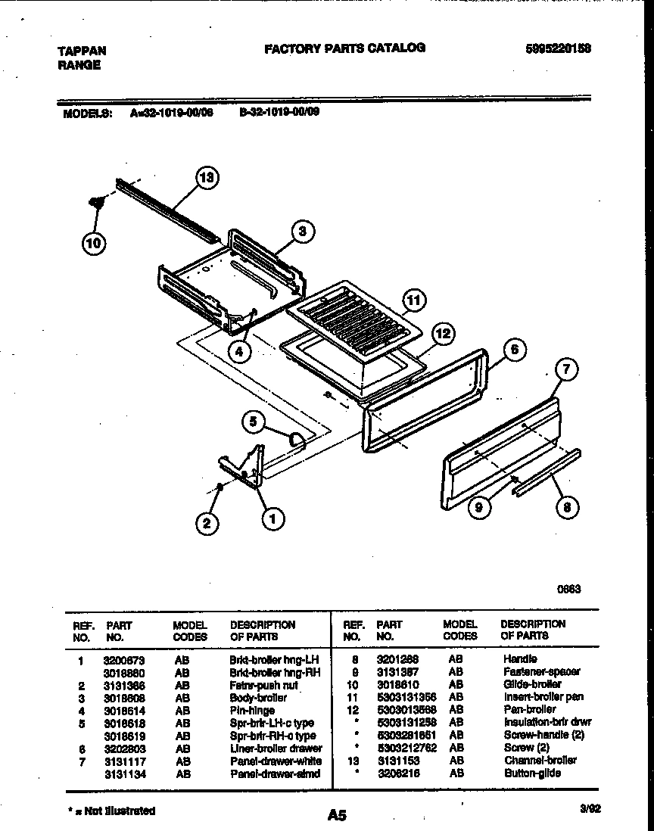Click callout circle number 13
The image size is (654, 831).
coord(206,179)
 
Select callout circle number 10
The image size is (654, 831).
coord(95,242)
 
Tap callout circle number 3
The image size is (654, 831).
coord(302,232)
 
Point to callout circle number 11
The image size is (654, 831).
coord(413,300)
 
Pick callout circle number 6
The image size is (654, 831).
coord(514,350)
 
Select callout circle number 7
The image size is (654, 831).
coord(566,369)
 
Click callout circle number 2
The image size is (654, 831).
coord(205,522)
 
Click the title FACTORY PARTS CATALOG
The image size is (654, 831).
coord(344,48)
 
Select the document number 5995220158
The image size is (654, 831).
coord(558,48)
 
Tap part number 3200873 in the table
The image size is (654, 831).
coord(123,661)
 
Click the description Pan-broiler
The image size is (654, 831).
coord(529,709)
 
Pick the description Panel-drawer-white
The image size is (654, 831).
coord(275,761)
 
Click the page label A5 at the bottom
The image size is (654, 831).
coord(337,815)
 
